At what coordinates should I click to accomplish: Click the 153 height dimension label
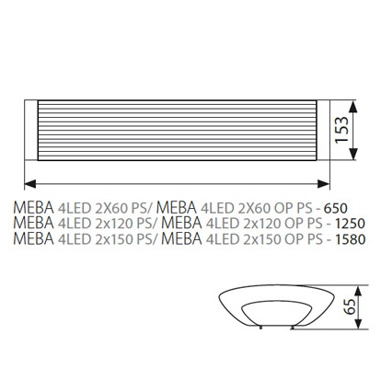coord(341,130)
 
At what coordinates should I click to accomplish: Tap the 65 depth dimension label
coord(350,306)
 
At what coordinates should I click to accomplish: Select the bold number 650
coord(336,209)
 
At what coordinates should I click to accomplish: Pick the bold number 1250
coord(350,224)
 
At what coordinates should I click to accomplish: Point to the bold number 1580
coord(350,239)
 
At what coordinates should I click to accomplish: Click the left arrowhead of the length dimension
coord(30,184)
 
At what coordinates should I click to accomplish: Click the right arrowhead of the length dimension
coord(324,184)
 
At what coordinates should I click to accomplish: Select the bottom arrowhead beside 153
coord(353,154)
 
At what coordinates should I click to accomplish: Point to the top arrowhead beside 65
coord(358,291)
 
